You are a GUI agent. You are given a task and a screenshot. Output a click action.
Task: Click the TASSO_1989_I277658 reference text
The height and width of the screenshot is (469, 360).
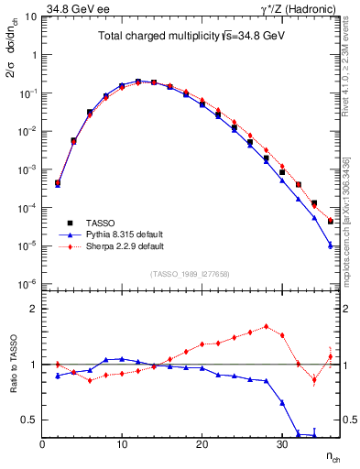[x=190, y=274]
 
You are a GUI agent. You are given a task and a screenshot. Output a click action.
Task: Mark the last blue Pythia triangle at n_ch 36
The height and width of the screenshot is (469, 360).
[x=330, y=244]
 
